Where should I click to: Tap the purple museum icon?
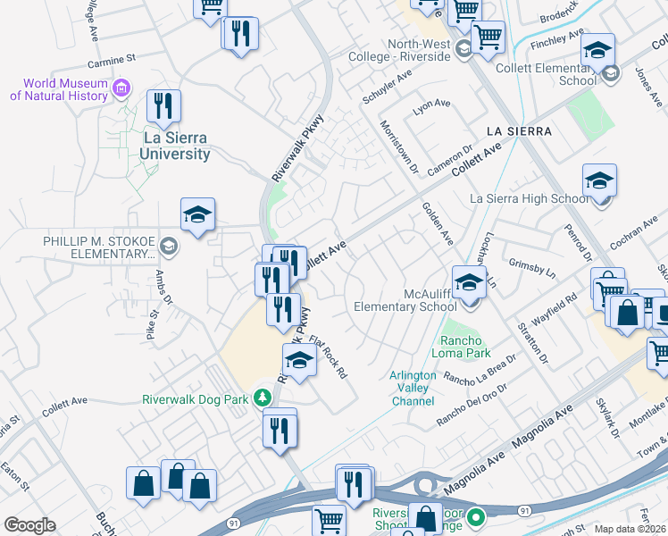(x=122, y=88)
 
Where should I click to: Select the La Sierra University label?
(x=177, y=146)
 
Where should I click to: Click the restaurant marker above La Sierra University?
(x=163, y=105)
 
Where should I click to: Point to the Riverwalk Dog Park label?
(x=194, y=399)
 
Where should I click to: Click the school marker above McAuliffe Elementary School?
(x=469, y=282)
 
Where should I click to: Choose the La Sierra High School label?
(x=530, y=198)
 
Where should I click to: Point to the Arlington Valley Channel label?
(x=413, y=389)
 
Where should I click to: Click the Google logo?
(x=29, y=525)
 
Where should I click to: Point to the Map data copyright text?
(x=630, y=529)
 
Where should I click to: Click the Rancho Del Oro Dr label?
(x=472, y=405)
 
